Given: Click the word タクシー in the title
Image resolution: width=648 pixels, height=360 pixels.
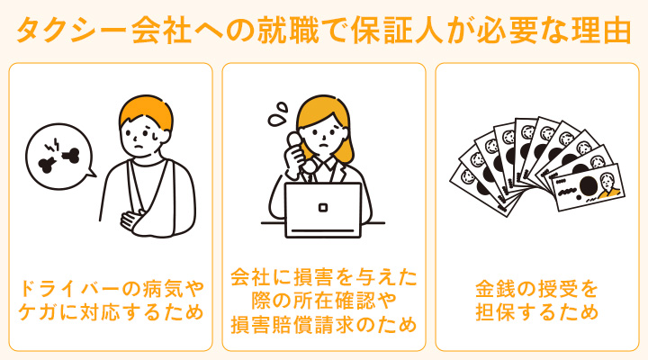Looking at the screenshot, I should pos(73,31).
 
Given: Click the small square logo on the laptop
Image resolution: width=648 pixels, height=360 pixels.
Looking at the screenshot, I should pos(323,205).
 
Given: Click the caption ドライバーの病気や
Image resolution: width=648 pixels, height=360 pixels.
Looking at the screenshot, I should pos(111,290).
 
